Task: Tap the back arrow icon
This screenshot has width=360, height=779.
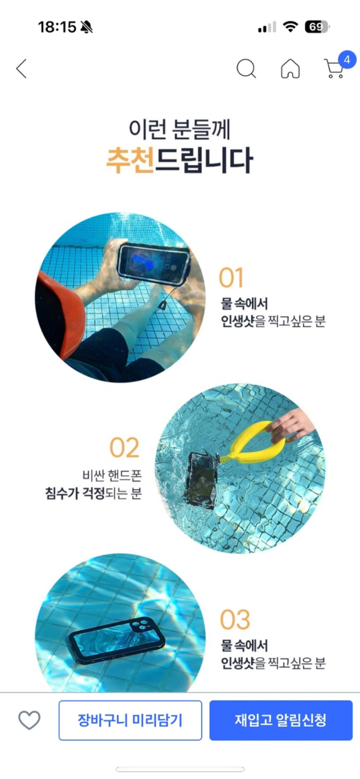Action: (21, 68)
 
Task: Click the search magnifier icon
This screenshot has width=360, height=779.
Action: (246, 68)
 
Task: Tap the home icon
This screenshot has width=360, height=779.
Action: (290, 68)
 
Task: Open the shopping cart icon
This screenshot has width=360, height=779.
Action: (333, 69)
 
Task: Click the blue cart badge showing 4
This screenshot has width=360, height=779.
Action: (347, 59)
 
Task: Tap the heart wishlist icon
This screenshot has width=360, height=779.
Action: (29, 720)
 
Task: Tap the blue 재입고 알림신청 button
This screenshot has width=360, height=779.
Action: (281, 720)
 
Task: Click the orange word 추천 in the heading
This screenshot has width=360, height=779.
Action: (129, 161)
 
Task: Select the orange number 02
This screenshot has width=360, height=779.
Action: (125, 448)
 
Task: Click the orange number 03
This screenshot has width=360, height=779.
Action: (235, 620)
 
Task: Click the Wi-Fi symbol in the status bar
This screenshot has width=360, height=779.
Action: (289, 27)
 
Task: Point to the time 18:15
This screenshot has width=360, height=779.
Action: (57, 27)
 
